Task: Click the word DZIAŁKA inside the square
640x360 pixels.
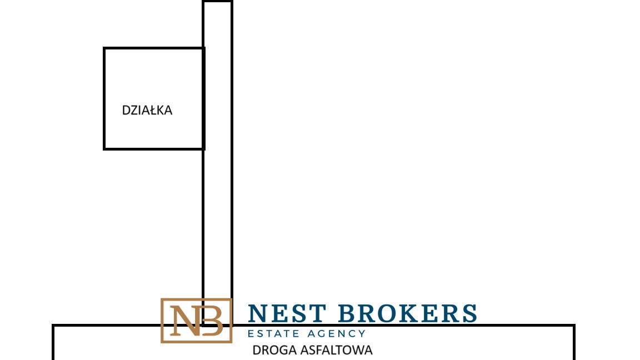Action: click(147, 110)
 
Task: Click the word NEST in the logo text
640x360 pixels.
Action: click(287, 313)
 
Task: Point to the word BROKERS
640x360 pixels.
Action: click(408, 313)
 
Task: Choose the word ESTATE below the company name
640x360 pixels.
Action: click(273, 333)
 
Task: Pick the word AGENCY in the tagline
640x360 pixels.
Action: click(337, 333)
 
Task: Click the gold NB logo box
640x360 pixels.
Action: click(196, 299)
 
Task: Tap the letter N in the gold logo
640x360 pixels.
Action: click(186, 321)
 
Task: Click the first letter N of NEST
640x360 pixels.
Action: click(258, 313)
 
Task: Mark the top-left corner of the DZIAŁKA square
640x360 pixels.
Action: click(104, 48)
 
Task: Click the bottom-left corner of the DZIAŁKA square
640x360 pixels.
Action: click(104, 148)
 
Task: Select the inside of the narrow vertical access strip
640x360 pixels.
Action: click(218, 163)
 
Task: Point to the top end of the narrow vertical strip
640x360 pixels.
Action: click(218, 2)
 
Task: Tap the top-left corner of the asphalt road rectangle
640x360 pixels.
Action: click(53, 326)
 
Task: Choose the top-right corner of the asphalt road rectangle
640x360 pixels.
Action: click(574, 326)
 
